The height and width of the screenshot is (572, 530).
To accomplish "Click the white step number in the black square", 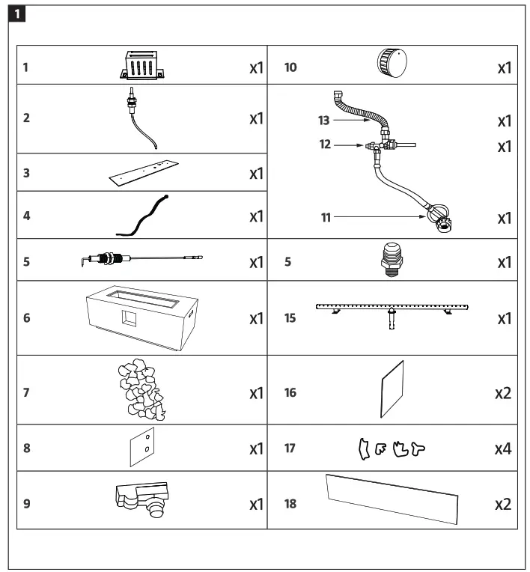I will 19,13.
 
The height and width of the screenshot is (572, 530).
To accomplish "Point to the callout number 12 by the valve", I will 325,144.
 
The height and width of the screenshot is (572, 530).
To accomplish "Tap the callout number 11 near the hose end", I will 325,217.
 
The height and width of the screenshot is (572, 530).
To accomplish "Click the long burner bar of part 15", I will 391,309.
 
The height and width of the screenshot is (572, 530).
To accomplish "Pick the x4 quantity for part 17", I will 502,448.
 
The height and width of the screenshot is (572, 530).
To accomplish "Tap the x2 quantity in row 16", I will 502,392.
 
